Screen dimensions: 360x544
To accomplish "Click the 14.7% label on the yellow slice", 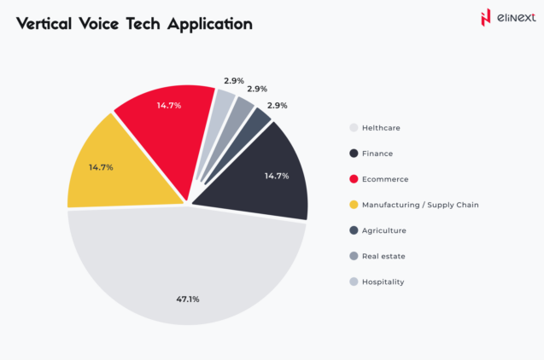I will (x=101, y=167).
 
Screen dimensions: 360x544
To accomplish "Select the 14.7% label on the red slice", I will (x=167, y=106).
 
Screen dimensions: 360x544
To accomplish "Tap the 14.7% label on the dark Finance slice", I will (x=276, y=176).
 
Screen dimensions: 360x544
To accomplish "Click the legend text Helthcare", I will (x=381, y=128).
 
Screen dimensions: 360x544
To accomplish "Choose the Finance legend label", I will (x=377, y=154).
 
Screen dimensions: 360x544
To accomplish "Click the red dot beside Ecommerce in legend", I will (x=353, y=179).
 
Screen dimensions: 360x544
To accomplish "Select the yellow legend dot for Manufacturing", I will (x=353, y=205).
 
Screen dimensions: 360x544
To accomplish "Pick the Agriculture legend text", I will (x=383, y=230).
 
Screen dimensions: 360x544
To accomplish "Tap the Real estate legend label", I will (x=383, y=256).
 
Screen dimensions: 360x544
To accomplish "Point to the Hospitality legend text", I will (x=383, y=282).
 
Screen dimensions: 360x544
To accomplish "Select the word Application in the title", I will (x=210, y=24).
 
